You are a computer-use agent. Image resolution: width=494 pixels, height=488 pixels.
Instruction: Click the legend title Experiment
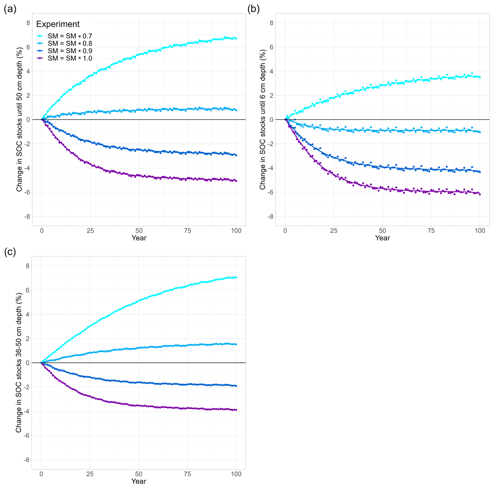coord(58,24)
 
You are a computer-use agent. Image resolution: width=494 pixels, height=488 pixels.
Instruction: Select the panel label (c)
coord(9,252)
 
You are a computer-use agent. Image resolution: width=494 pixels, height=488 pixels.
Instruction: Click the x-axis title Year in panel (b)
coord(382,238)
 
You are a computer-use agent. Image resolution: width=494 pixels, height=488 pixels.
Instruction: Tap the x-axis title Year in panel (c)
coord(139,481)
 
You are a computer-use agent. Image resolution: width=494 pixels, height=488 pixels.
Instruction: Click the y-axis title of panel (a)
coord(19,119)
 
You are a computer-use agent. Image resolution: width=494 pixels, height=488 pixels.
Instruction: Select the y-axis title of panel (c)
coord(19,362)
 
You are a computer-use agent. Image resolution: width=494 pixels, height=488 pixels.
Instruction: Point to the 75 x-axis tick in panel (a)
coord(188,231)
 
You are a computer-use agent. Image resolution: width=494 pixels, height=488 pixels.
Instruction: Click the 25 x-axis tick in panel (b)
coord(334,231)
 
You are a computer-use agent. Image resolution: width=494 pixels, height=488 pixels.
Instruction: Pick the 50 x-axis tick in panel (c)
coord(139,474)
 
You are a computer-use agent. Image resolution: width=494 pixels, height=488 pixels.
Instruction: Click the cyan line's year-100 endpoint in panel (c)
coord(236,278)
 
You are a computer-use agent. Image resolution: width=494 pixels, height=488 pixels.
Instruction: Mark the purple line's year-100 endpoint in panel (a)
coord(236,181)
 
